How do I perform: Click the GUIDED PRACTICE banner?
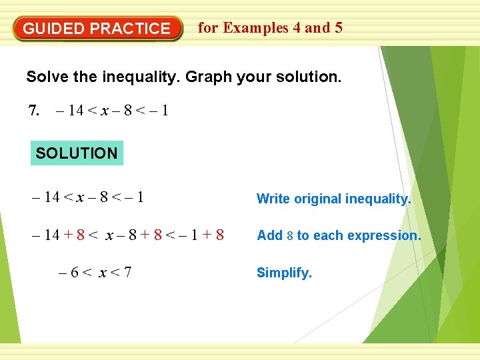(97, 29)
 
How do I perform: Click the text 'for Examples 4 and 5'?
(270, 28)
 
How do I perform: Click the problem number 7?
(35, 110)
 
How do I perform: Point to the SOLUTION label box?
(76, 153)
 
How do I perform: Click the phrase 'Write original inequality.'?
(333, 199)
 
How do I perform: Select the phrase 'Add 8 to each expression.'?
(339, 235)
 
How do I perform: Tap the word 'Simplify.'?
(284, 273)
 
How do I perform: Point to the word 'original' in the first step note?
(317, 199)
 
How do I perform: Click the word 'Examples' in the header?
(256, 28)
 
